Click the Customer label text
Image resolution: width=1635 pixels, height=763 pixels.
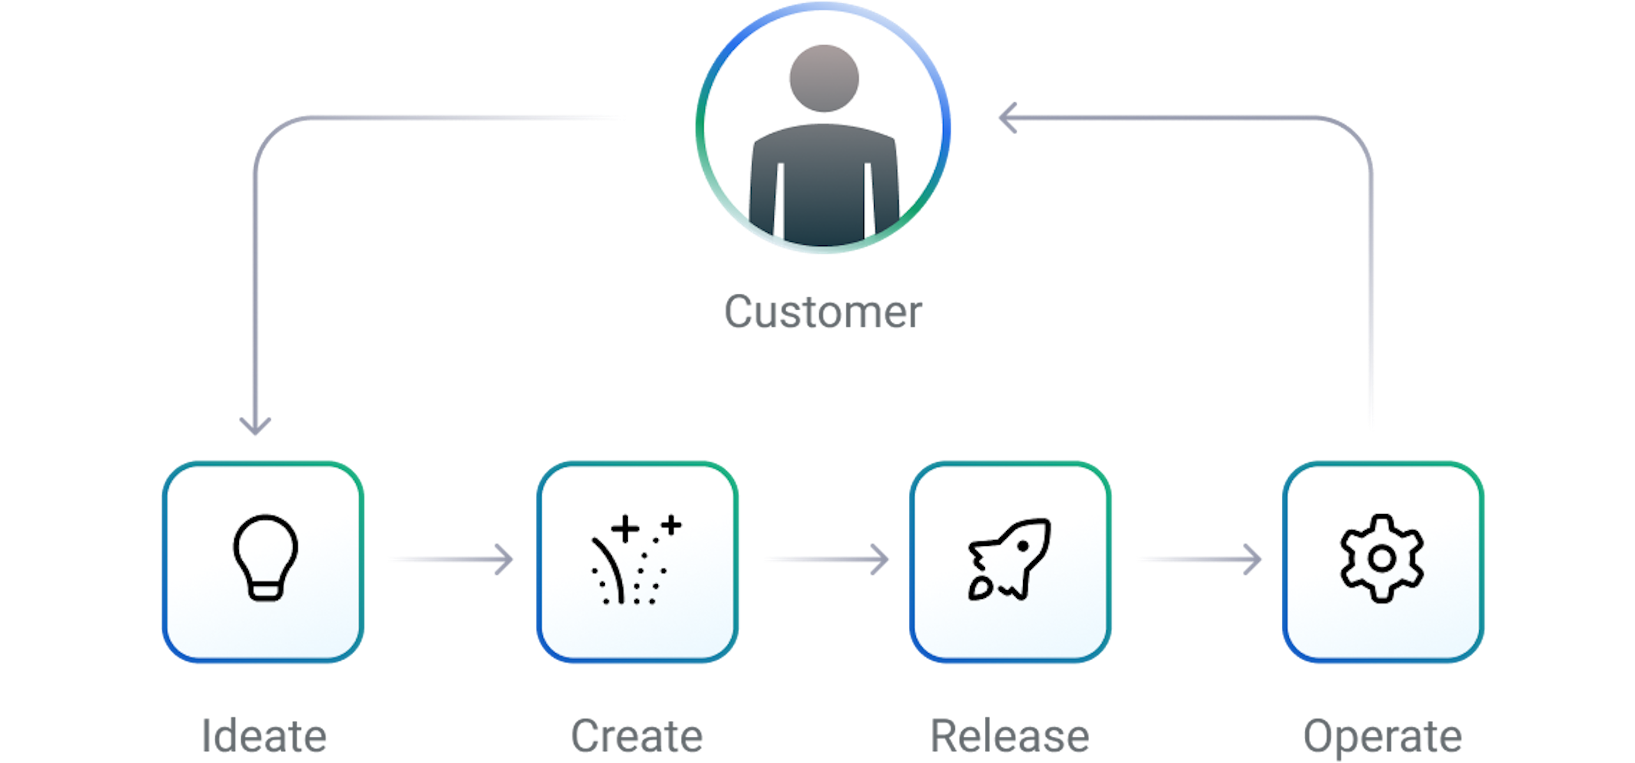(823, 312)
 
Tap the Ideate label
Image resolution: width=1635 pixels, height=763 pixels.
(264, 736)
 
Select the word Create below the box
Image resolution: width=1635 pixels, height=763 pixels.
(637, 736)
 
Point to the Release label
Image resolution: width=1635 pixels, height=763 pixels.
(1010, 736)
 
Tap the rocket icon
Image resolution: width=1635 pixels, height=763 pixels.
(1009, 559)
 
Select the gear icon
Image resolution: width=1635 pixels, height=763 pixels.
(1382, 559)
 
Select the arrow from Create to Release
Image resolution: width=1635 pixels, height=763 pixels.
(824, 559)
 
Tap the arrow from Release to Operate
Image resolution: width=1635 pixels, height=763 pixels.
(1197, 559)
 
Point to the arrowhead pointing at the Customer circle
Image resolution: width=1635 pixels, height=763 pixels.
(1007, 118)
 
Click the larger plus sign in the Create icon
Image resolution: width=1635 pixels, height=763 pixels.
(625, 529)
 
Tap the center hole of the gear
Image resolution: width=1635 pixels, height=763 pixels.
(1382, 559)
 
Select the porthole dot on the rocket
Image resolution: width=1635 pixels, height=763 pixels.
(1023, 547)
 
